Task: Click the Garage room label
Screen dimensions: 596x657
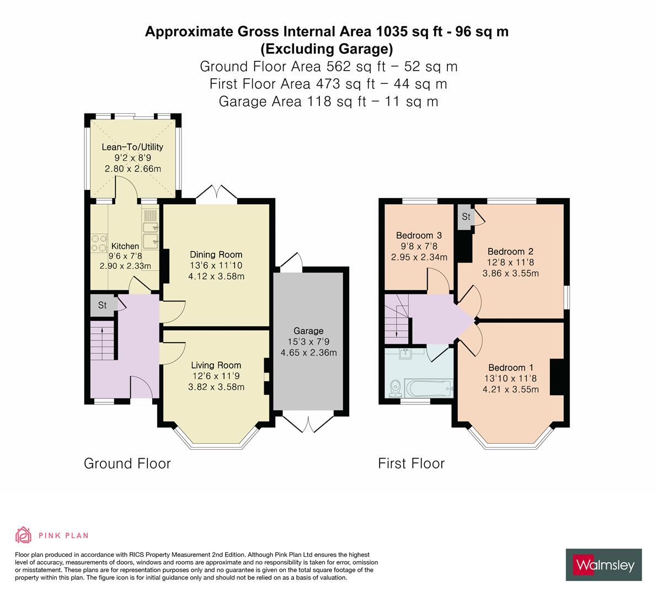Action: pyautogui.click(x=308, y=331)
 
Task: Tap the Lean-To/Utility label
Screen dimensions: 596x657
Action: pyautogui.click(x=132, y=147)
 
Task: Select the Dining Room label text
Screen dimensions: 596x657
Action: pyautogui.click(x=216, y=254)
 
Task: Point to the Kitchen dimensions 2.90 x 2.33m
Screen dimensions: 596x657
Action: pyautogui.click(x=125, y=265)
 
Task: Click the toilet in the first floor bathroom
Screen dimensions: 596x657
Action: pyautogui.click(x=395, y=389)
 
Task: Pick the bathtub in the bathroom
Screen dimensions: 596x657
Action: pyautogui.click(x=429, y=387)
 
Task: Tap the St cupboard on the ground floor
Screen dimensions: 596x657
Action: pyautogui.click(x=103, y=305)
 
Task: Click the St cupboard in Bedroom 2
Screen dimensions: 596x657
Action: pyautogui.click(x=466, y=216)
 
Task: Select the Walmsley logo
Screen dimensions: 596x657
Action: pyautogui.click(x=604, y=565)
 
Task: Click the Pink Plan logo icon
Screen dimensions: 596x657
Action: pyautogui.click(x=23, y=535)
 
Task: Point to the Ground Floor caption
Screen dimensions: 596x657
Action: pyautogui.click(x=127, y=463)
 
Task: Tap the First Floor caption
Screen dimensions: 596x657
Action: pyautogui.click(x=411, y=463)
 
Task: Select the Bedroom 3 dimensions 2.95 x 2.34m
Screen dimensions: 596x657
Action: pyautogui.click(x=419, y=257)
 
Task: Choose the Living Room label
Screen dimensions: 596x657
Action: pyautogui.click(x=216, y=365)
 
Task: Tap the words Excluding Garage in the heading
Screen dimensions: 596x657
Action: pyautogui.click(x=327, y=49)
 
